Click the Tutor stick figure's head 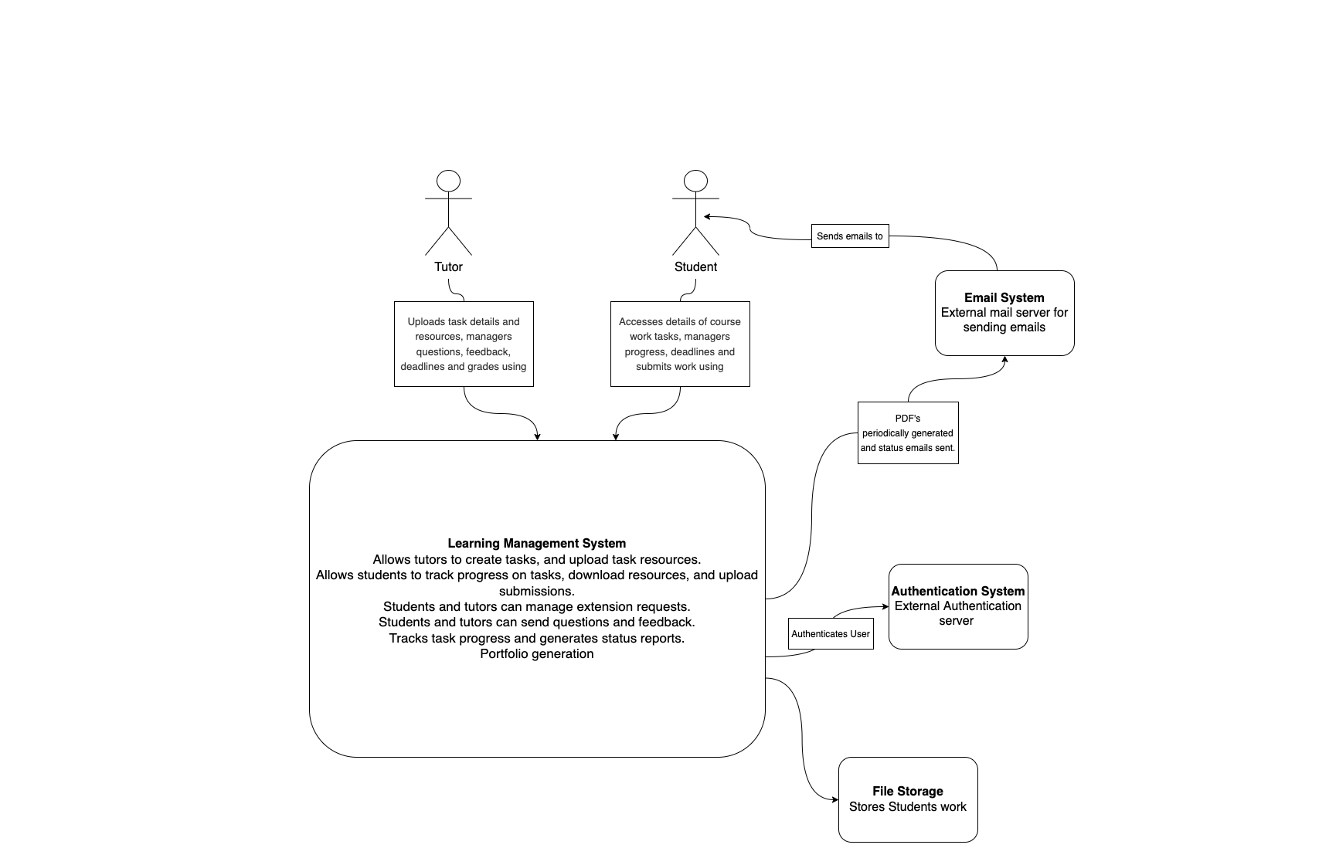448,181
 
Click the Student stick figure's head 695,181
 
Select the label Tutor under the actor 448,266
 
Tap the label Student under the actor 695,266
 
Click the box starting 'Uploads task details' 464,344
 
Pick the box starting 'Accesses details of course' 680,344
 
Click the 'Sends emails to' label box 850,236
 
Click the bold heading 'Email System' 1004,297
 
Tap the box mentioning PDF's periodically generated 908,432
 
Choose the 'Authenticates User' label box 831,633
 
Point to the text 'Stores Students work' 907,806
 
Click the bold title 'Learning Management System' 536,543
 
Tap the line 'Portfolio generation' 536,653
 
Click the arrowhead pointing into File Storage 834,799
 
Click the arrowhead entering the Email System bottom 1004,360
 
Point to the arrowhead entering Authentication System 885,606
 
